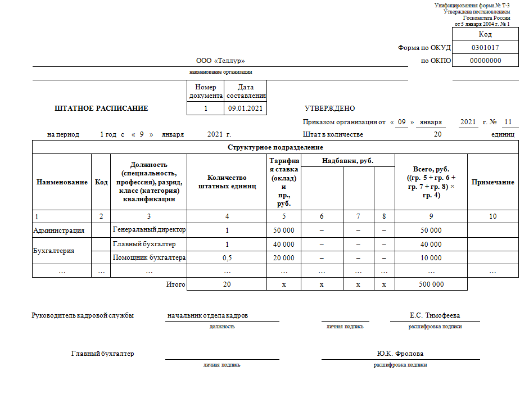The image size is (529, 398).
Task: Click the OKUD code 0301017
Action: (485, 48)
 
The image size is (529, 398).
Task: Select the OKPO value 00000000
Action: (485, 61)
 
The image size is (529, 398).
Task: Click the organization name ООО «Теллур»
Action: (220, 61)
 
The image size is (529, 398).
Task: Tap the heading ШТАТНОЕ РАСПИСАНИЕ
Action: (101, 108)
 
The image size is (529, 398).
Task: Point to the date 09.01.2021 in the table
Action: (245, 108)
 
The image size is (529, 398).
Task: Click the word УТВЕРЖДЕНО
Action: (329, 108)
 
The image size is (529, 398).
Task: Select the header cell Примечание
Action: (492, 182)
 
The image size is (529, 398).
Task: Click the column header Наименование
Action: (62, 182)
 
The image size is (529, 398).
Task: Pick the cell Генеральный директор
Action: (149, 230)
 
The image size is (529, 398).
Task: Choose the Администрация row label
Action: (59, 230)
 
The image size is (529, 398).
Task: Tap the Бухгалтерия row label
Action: (54, 251)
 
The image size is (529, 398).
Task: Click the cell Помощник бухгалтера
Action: (149, 257)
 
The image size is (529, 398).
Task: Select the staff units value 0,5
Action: (227, 257)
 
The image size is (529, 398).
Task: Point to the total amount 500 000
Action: (431, 284)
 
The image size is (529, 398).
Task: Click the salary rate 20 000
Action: (283, 257)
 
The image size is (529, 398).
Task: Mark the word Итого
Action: (175, 284)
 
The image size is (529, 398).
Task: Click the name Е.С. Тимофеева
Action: (435, 315)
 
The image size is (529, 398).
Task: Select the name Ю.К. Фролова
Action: (400, 354)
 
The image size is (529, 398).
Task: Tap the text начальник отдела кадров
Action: (207, 315)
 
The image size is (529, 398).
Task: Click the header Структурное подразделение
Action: (275, 147)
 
